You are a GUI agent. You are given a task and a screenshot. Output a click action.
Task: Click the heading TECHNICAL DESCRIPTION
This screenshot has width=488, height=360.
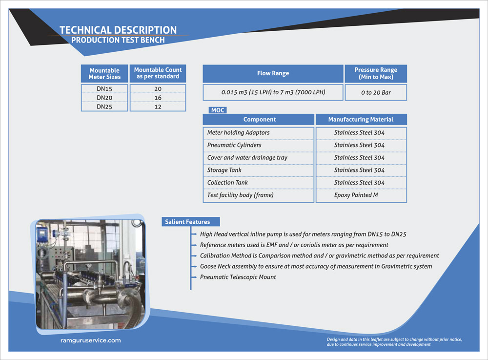(118, 30)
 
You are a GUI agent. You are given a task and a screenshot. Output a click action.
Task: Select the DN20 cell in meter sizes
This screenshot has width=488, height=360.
(104, 98)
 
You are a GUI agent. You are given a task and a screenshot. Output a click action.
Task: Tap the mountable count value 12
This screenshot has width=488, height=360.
(158, 106)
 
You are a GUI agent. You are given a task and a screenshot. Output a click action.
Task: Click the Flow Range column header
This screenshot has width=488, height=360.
(273, 73)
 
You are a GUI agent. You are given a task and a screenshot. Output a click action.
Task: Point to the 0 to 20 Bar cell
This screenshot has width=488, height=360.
(376, 92)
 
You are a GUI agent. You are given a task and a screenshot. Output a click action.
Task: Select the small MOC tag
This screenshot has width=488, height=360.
(218, 110)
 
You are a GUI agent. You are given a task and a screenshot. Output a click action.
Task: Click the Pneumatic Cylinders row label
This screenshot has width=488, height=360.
(234, 145)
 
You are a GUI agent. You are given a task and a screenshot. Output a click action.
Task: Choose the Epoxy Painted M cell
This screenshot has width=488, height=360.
(356, 195)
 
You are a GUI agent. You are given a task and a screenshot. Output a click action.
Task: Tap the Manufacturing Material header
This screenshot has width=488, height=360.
(361, 119)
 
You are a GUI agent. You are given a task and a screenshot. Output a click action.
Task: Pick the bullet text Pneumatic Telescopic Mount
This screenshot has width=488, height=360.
(238, 277)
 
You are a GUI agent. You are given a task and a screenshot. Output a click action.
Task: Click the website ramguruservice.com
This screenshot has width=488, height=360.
(87, 340)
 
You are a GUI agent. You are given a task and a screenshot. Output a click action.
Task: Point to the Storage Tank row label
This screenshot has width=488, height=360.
(224, 170)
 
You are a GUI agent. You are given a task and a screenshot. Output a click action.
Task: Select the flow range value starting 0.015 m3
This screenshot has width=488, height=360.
(273, 92)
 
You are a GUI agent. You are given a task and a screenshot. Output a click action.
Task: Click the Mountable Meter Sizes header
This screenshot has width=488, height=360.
(104, 74)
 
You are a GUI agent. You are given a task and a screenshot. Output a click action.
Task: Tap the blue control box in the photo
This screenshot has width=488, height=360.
(42, 233)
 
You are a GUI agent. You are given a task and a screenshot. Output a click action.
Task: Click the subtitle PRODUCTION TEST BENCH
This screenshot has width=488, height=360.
(118, 40)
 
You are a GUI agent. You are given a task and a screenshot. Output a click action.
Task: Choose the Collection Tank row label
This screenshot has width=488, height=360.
(227, 182)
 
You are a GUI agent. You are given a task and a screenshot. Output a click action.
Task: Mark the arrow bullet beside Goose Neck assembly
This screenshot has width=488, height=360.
(194, 267)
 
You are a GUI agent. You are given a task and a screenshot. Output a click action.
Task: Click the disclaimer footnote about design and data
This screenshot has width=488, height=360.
(394, 342)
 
